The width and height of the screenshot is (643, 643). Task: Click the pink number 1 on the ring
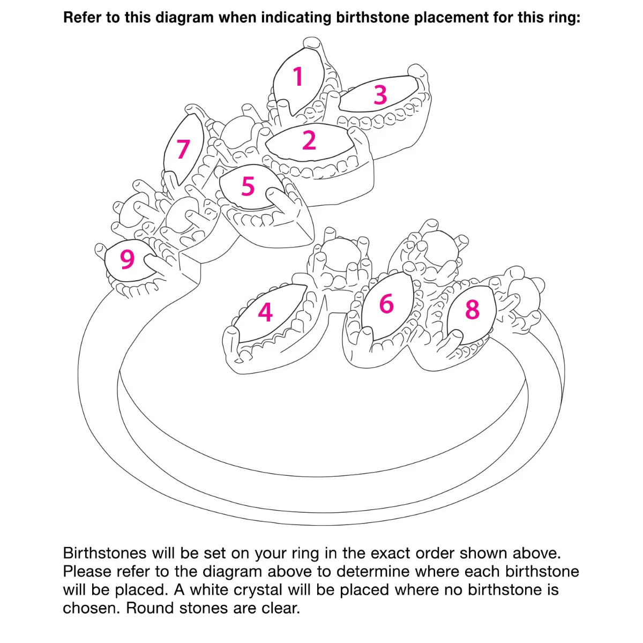[x=297, y=77]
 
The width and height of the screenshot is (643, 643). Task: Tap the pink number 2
[x=309, y=140]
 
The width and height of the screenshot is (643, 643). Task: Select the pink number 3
[x=380, y=95]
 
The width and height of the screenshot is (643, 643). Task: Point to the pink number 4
[x=265, y=312]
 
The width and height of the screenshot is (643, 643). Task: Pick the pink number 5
[x=248, y=186]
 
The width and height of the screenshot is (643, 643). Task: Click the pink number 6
[x=386, y=303]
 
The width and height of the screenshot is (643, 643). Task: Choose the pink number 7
[x=183, y=149]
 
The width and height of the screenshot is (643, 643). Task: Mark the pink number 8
[x=472, y=309]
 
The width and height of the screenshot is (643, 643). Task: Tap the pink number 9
[x=127, y=259]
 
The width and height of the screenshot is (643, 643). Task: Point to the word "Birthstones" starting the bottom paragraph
[x=105, y=553]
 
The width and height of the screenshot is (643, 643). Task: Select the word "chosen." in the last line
[x=91, y=608]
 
